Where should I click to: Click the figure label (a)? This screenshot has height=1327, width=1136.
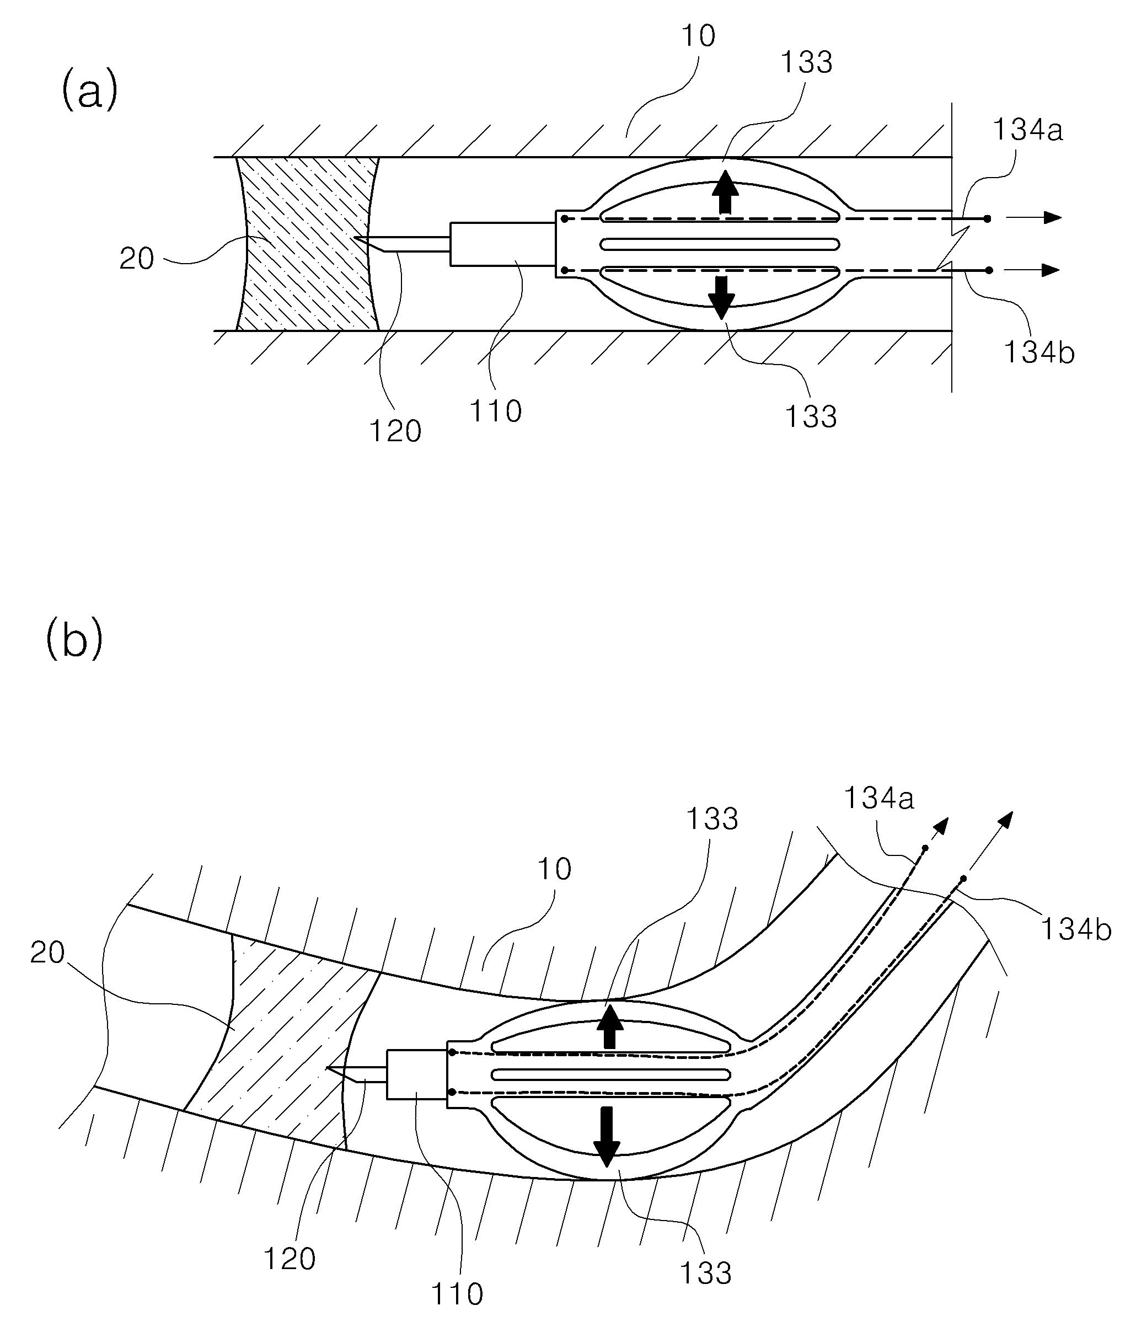pyautogui.click(x=90, y=90)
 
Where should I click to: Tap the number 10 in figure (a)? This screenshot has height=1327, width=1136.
pyautogui.click(x=699, y=36)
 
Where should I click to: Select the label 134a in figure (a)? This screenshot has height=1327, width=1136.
pyautogui.click(x=1028, y=130)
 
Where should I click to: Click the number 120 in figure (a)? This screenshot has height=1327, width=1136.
pyautogui.click(x=395, y=431)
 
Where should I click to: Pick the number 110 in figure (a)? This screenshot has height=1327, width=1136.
pyautogui.click(x=496, y=410)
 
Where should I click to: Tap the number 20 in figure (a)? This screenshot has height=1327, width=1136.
pyautogui.click(x=137, y=259)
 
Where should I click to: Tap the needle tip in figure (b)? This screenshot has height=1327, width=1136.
pyautogui.click(x=327, y=1068)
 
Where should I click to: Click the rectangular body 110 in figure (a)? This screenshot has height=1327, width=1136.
pyautogui.click(x=503, y=243)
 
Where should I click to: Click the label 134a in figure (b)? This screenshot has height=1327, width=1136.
pyautogui.click(x=879, y=798)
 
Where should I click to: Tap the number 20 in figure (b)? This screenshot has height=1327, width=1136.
pyautogui.click(x=47, y=953)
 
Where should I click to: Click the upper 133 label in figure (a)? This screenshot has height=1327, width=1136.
pyautogui.click(x=807, y=63)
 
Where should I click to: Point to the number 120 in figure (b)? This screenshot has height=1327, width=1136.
pyautogui.click(x=290, y=1260)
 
